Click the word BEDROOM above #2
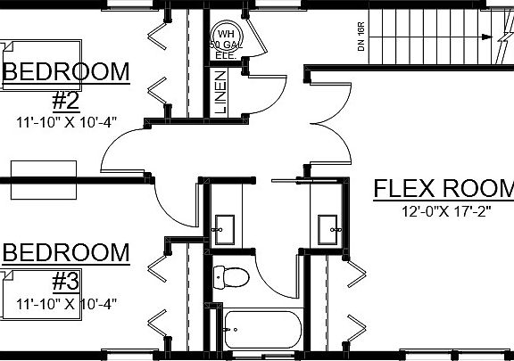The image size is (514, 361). point(66,70)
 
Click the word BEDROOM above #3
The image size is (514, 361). point(66,252)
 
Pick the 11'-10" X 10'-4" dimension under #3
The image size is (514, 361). point(67,304)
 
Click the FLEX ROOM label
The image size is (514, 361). point(443,189)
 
